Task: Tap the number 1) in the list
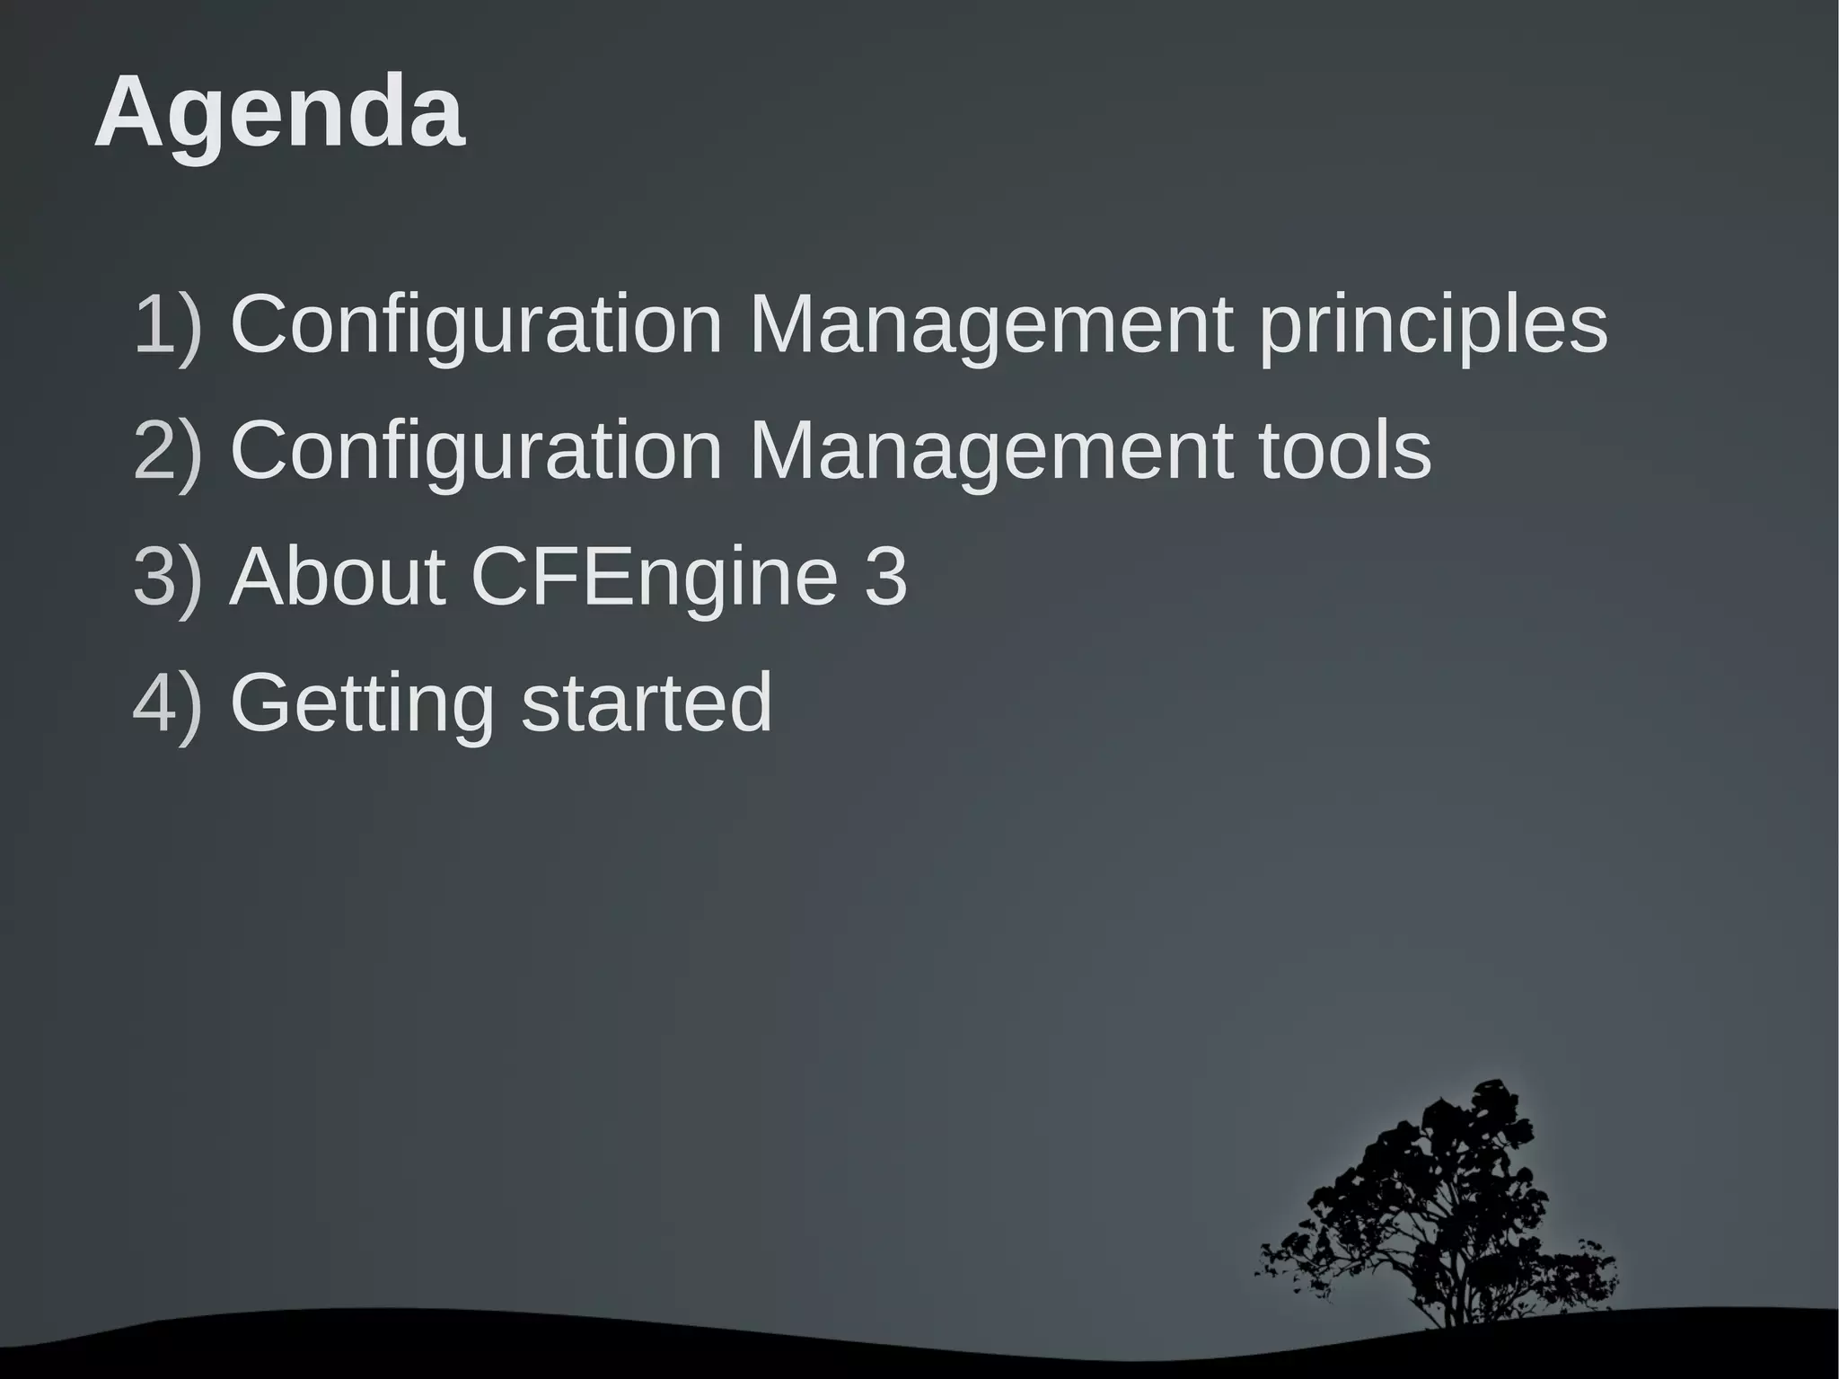(x=168, y=324)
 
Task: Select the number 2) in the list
(x=168, y=450)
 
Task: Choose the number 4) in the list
(x=168, y=703)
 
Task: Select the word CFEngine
(x=653, y=578)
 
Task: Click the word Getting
(x=362, y=704)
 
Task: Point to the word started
(x=647, y=703)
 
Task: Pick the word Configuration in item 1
(x=476, y=324)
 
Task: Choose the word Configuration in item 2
(x=476, y=450)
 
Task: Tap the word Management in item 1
(x=990, y=326)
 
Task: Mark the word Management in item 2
(x=990, y=452)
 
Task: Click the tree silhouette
(x=1437, y=1204)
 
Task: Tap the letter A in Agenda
(x=129, y=113)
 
